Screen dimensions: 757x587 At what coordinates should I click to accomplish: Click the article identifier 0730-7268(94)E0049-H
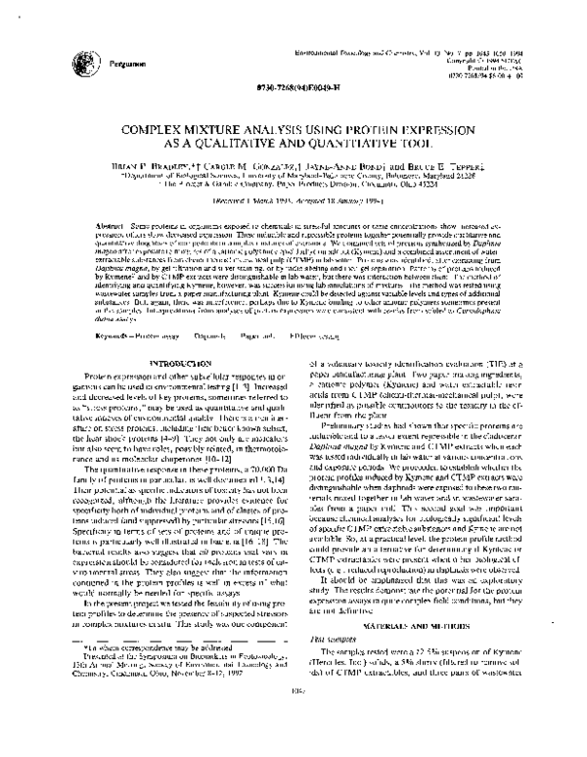293,87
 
